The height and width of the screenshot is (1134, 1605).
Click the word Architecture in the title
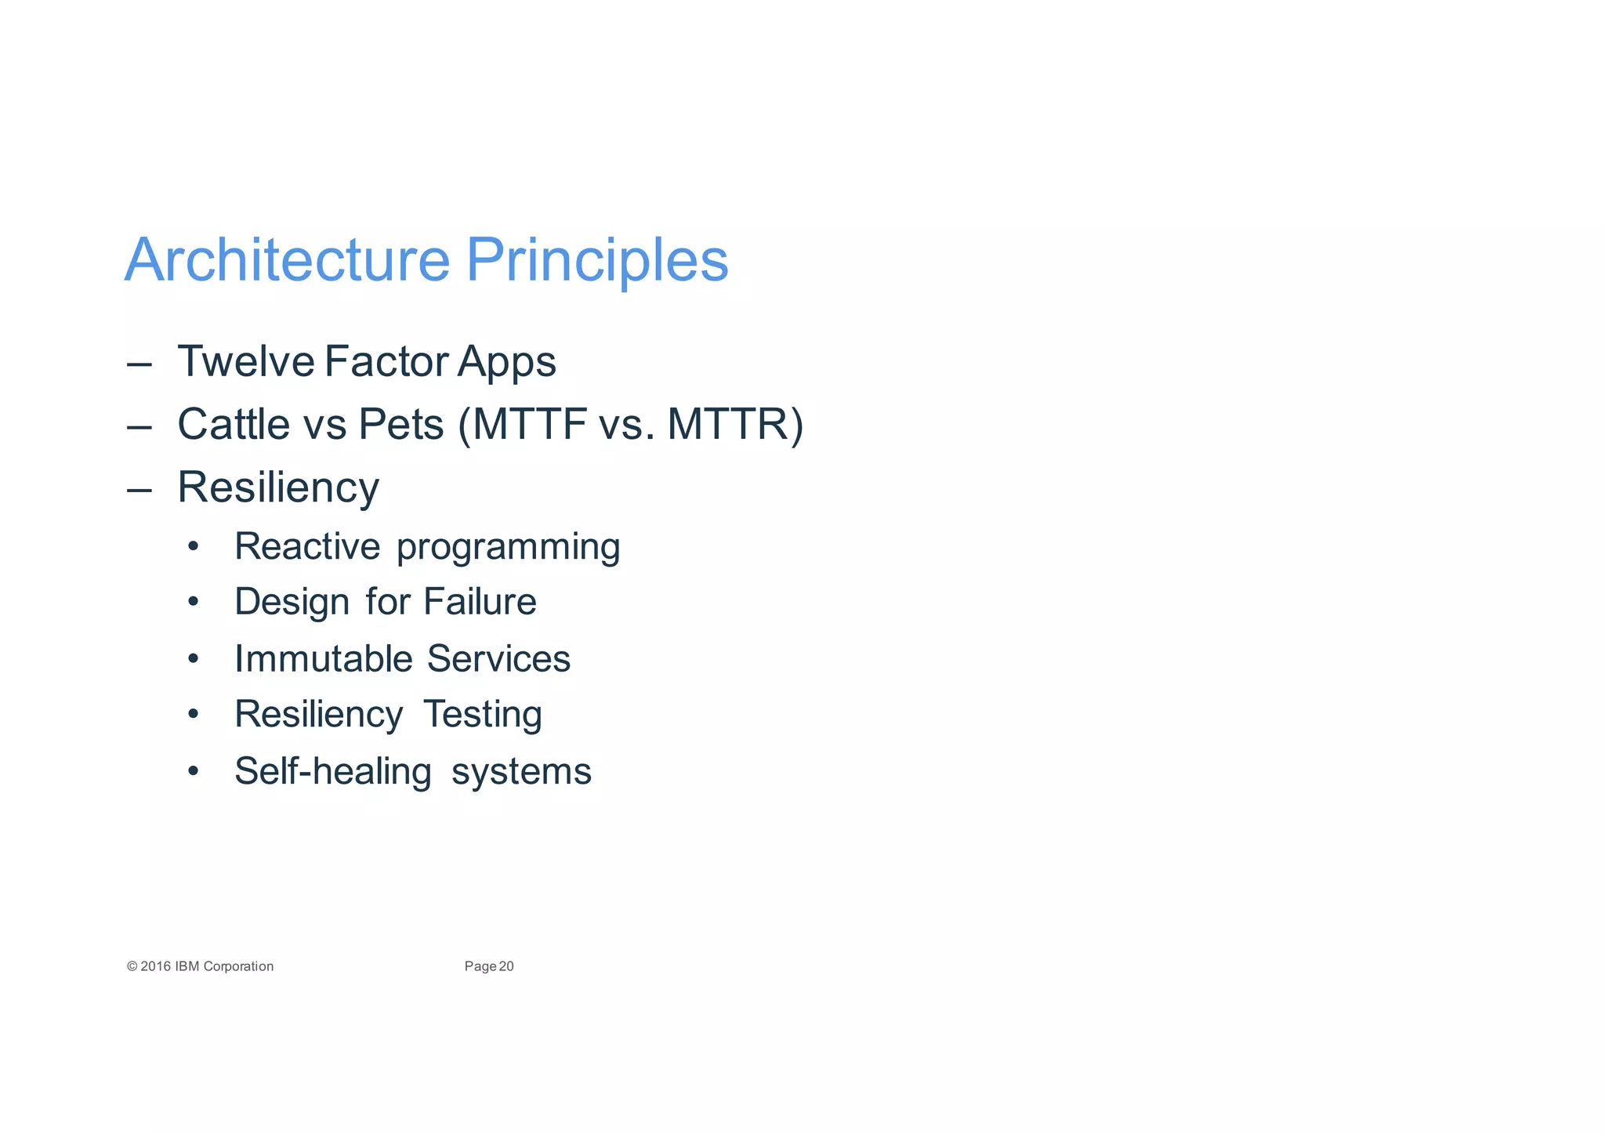pyautogui.click(x=287, y=260)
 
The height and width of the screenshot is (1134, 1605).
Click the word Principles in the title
pyautogui.click(x=597, y=260)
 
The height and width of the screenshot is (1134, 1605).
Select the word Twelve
pyautogui.click(x=246, y=361)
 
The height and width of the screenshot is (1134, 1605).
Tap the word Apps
pyautogui.click(x=506, y=363)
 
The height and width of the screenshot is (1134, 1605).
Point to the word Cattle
pyautogui.click(x=234, y=424)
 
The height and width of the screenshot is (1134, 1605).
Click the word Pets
pyautogui.click(x=400, y=424)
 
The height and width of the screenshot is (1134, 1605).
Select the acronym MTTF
pyautogui.click(x=530, y=424)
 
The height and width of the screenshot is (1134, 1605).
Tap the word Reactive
pyautogui.click(x=307, y=546)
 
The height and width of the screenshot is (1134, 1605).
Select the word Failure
pyautogui.click(x=480, y=602)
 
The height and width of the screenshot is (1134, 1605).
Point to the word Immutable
pyautogui.click(x=323, y=658)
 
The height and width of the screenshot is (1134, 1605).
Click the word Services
pyautogui.click(x=498, y=658)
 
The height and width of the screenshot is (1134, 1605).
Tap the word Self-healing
pyautogui.click(x=332, y=771)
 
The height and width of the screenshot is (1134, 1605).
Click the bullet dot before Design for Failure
pyautogui.click(x=194, y=602)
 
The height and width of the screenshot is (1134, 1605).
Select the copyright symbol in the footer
pyautogui.click(x=132, y=966)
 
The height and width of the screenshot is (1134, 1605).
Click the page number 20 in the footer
pyautogui.click(x=506, y=966)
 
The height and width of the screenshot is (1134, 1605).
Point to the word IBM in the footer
pyautogui.click(x=187, y=966)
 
